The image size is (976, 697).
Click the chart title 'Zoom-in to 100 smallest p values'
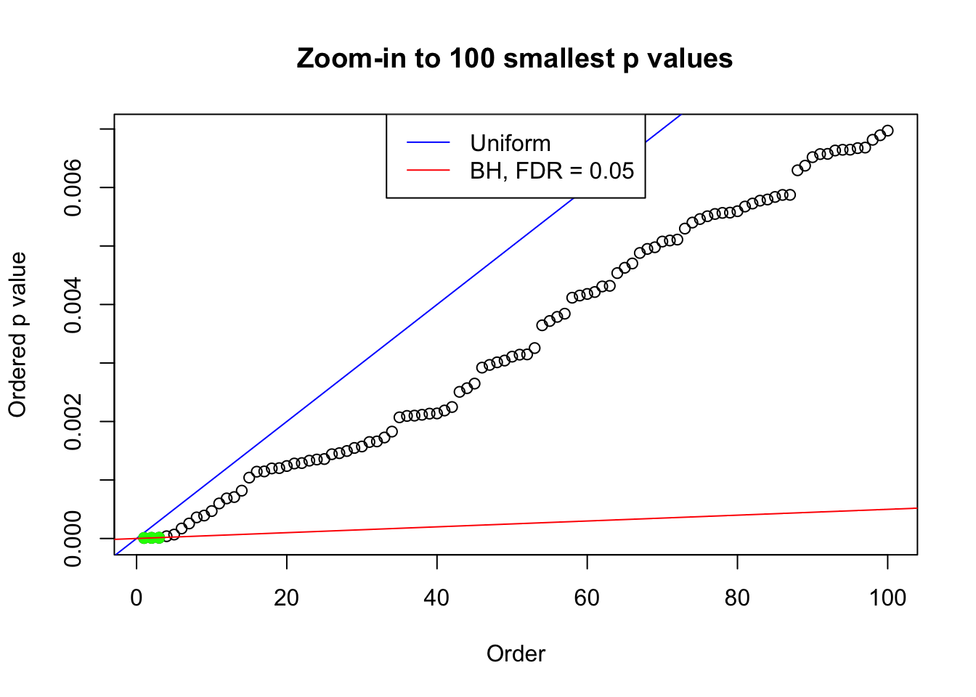tap(514, 58)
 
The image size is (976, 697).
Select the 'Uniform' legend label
tap(510, 143)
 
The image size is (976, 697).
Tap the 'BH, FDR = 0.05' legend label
tap(552, 171)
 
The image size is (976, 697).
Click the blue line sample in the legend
tap(428, 143)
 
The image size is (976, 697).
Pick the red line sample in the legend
tap(428, 171)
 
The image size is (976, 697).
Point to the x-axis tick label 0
tap(137, 598)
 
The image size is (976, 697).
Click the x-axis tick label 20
tap(287, 598)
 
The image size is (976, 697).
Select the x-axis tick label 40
tap(437, 598)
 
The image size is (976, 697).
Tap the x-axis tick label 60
tap(587, 598)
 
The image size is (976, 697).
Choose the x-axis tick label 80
tap(737, 598)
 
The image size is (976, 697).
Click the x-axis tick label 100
tap(887, 598)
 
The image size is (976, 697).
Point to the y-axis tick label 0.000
tap(73, 539)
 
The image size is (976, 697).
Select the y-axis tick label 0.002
tap(73, 422)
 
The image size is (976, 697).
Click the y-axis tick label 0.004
tap(73, 305)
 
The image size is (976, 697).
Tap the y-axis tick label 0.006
tap(73, 188)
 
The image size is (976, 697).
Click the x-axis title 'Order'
tap(516, 654)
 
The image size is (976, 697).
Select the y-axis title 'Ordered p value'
tap(17, 335)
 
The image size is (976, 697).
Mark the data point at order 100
tap(887, 131)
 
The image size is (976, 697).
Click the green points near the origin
tap(151, 538)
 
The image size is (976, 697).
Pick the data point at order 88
tap(797, 170)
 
